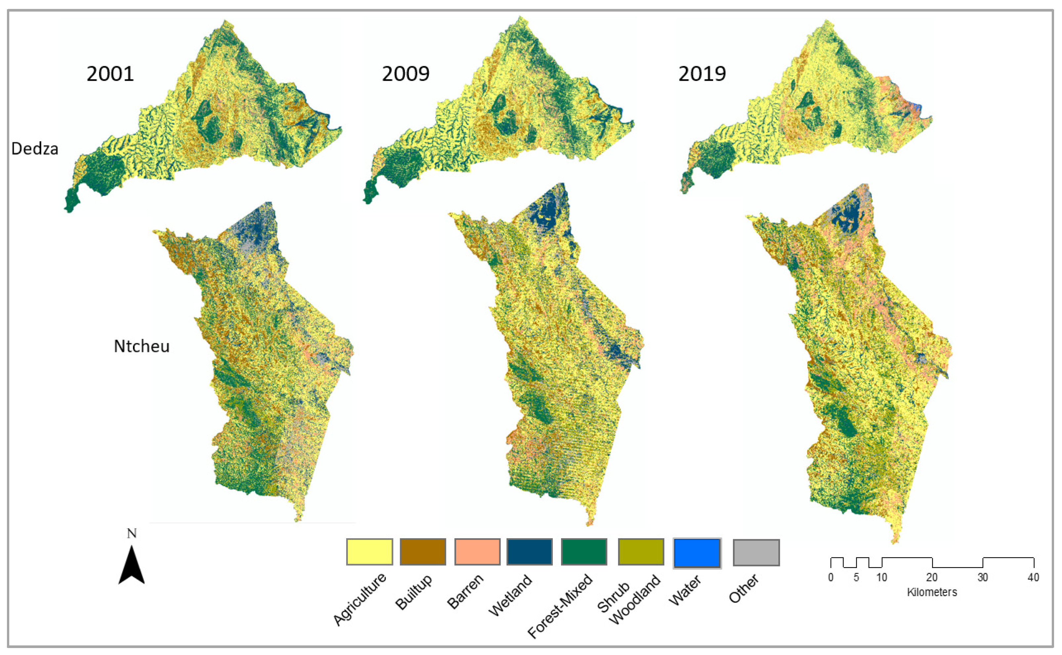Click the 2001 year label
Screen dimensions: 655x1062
[110, 74]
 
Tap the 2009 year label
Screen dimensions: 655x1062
[405, 74]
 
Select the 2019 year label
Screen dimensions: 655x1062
[702, 74]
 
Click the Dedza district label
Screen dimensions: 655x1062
[35, 149]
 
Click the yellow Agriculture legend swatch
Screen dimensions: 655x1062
[369, 552]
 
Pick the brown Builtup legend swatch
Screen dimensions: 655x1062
[423, 552]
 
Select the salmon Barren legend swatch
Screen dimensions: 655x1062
[477, 552]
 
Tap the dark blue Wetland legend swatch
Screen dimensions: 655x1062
[529, 552]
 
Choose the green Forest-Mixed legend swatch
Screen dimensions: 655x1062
[584, 552]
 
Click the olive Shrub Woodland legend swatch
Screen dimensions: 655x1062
[641, 552]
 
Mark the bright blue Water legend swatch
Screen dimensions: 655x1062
[697, 553]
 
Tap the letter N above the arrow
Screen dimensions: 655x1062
[132, 533]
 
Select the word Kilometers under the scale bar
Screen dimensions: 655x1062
[932, 592]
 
